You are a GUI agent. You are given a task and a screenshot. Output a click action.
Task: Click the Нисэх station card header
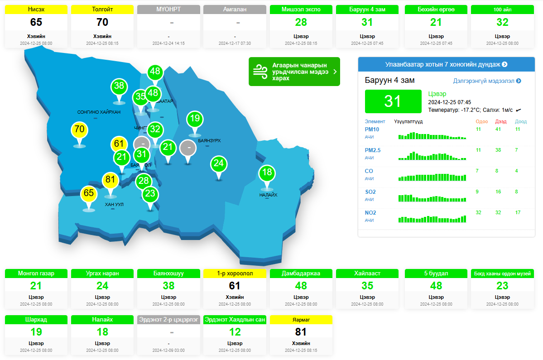click(x=36, y=10)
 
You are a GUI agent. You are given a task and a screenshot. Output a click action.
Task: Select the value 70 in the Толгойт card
click(x=103, y=22)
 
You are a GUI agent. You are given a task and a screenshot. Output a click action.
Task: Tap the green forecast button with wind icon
click(x=294, y=72)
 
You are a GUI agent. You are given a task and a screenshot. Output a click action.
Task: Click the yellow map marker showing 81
click(x=110, y=180)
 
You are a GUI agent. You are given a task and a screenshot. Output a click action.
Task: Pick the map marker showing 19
click(x=195, y=119)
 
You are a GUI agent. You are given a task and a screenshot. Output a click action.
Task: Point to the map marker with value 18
click(x=267, y=173)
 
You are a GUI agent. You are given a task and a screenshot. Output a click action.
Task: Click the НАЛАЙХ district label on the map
click(x=268, y=195)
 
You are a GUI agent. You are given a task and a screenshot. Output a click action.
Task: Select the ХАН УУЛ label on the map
click(x=114, y=205)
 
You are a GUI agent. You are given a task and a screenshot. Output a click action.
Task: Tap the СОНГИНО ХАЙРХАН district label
click(x=99, y=112)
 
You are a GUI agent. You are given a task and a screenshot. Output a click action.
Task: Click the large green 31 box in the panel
click(x=392, y=101)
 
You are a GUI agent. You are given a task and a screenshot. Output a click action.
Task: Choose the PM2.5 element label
click(x=373, y=150)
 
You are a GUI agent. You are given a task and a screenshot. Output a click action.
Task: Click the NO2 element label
click(x=370, y=213)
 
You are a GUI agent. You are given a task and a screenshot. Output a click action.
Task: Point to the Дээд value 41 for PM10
click(x=498, y=130)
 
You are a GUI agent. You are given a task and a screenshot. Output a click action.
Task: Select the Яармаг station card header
click(x=301, y=320)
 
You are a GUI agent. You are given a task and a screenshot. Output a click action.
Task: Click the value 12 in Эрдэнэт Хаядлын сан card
click(x=235, y=332)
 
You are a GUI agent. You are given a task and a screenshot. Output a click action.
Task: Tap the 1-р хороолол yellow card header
click(x=235, y=274)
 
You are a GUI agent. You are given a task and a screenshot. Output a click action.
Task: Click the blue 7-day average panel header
click(x=446, y=64)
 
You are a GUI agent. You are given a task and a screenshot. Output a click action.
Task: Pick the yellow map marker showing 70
click(x=79, y=130)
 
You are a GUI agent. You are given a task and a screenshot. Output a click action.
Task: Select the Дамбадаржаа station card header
click(x=301, y=274)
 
